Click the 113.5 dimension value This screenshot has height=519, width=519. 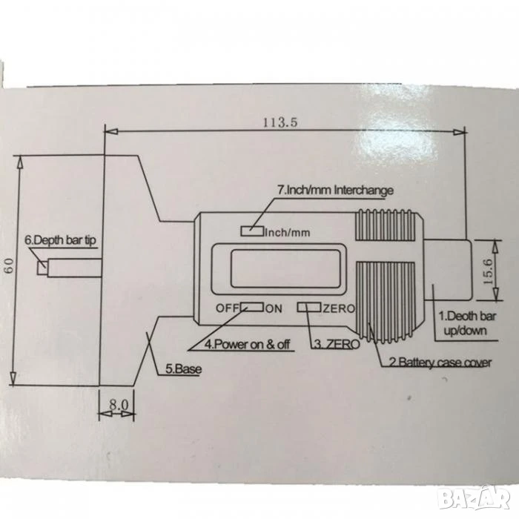(x=280, y=122)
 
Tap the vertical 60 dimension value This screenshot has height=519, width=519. (x=9, y=265)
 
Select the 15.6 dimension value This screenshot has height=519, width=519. (x=488, y=271)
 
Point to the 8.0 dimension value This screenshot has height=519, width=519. (x=118, y=405)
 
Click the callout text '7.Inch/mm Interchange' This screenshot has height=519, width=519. (x=335, y=191)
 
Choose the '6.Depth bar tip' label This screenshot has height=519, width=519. (x=61, y=240)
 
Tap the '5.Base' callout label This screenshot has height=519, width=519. (x=183, y=368)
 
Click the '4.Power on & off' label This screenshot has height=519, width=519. (x=247, y=344)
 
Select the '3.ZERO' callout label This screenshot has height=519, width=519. (x=337, y=344)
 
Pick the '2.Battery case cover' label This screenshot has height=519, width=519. (x=440, y=362)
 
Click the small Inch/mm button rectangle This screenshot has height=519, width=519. (x=252, y=231)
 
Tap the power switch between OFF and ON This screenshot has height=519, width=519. (x=252, y=307)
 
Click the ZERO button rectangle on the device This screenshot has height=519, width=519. (x=309, y=307)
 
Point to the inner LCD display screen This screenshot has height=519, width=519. (x=285, y=268)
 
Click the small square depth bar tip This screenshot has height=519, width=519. (x=42, y=268)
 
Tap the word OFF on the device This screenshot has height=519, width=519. (x=228, y=308)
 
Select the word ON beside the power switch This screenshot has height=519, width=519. (x=274, y=309)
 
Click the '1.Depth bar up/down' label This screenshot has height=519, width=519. (x=466, y=323)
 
